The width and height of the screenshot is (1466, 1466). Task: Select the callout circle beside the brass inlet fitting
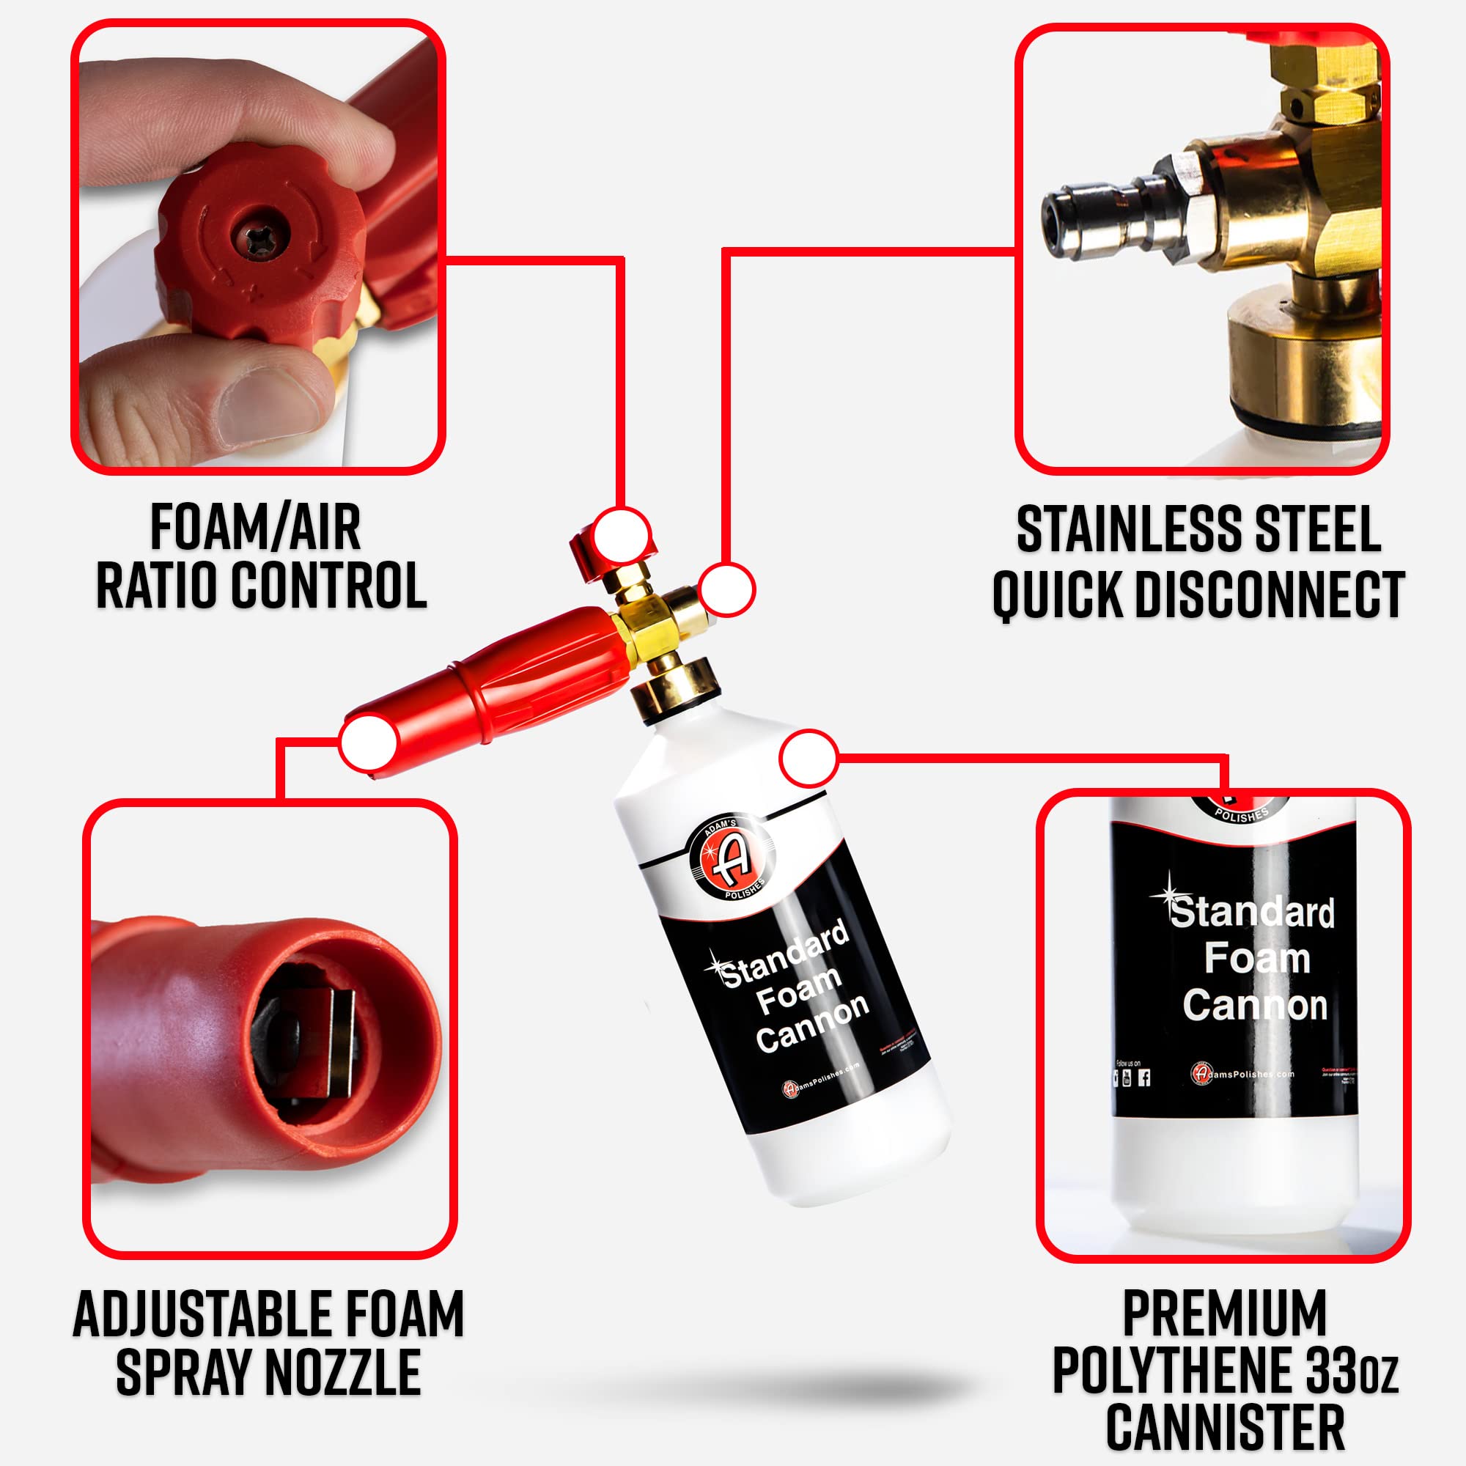point(726,589)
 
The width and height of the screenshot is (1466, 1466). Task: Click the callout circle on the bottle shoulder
point(808,758)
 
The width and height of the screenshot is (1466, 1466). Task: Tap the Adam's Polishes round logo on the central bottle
point(732,861)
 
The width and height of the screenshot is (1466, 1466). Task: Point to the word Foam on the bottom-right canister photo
point(1256,958)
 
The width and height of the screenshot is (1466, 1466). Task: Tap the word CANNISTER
point(1224,1428)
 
